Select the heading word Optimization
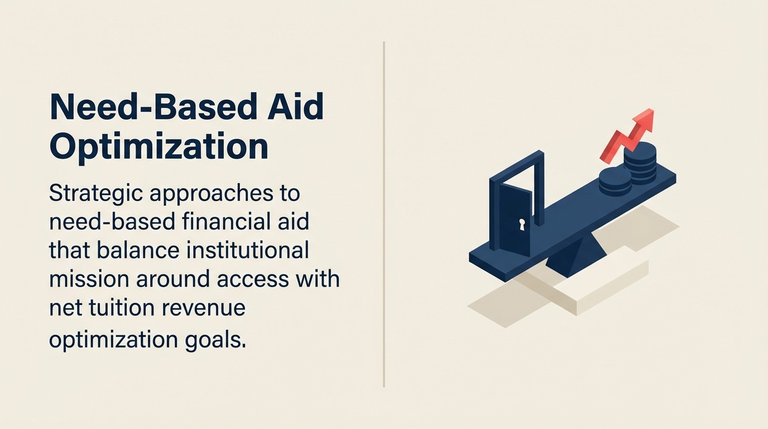[159, 147]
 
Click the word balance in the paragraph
[137, 250]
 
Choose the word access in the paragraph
[253, 280]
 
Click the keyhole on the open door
[522, 225]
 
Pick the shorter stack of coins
[615, 182]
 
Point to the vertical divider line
[383, 214]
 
